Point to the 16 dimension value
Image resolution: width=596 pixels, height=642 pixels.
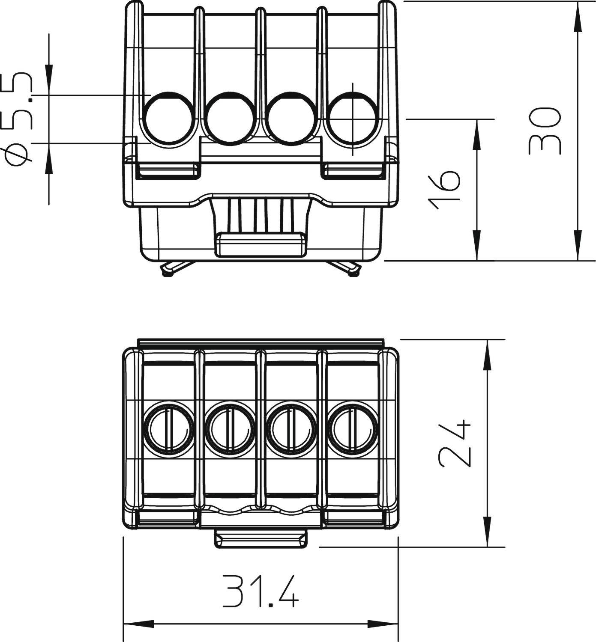coord(445,190)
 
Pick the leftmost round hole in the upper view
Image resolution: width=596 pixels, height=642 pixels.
coord(169,118)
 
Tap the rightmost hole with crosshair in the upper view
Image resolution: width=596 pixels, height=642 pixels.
coord(353,119)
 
